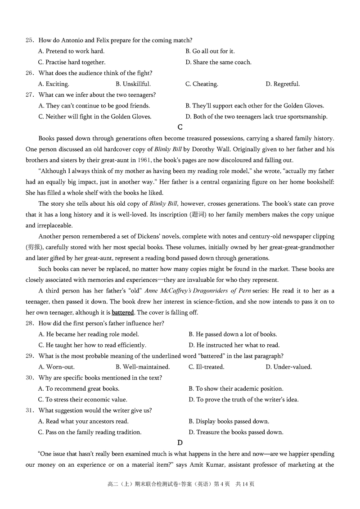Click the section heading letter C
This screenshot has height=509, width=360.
[180, 127]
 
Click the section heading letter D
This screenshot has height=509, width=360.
[180, 443]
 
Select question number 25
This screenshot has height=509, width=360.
[29, 41]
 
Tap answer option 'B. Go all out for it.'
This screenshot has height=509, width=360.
[210, 51]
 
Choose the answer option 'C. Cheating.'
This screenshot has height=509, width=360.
[202, 84]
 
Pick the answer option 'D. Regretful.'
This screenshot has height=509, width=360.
[283, 84]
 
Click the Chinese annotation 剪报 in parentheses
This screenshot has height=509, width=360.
[33, 247]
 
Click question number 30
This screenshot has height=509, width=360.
[29, 378]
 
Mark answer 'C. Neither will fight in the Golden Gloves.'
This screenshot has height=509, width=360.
[95, 117]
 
